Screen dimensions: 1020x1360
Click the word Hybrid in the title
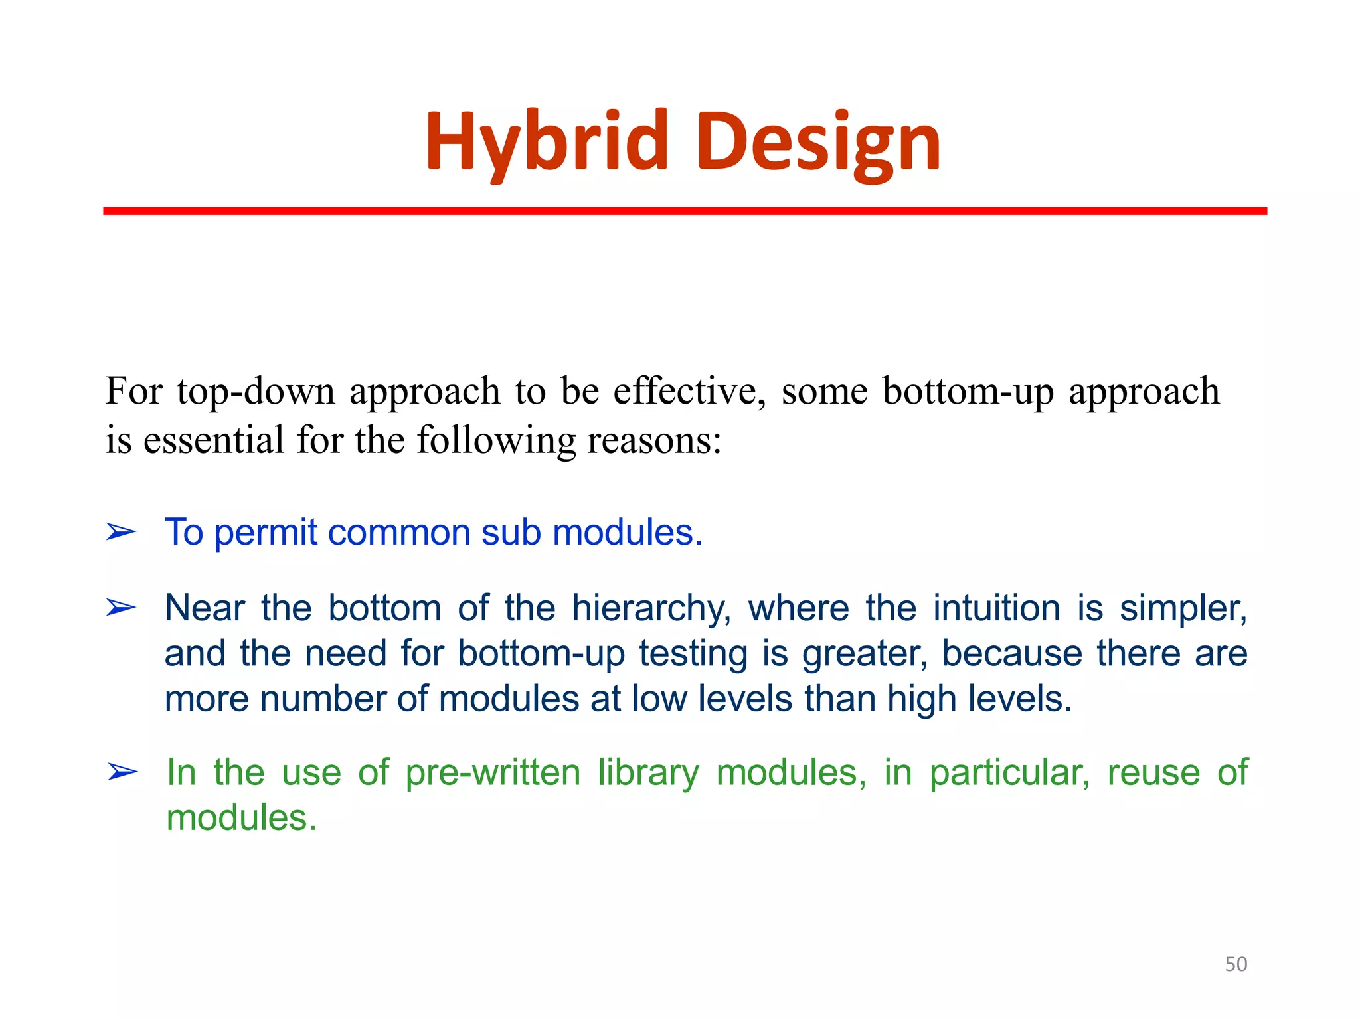(x=546, y=141)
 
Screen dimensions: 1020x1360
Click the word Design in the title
(x=818, y=141)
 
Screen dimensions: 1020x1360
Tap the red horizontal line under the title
(x=684, y=211)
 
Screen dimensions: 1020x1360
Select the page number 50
(x=1236, y=964)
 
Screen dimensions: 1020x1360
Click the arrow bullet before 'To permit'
(x=121, y=532)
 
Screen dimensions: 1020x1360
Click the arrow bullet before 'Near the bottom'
(x=121, y=607)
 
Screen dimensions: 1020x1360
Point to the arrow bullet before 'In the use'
(x=122, y=772)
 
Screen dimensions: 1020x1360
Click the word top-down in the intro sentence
(x=256, y=391)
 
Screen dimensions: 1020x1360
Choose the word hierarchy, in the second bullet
(x=651, y=608)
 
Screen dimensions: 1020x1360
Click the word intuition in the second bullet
(x=997, y=608)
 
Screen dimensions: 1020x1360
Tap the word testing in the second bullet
(x=693, y=653)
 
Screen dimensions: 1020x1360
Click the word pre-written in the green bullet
(x=493, y=773)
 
